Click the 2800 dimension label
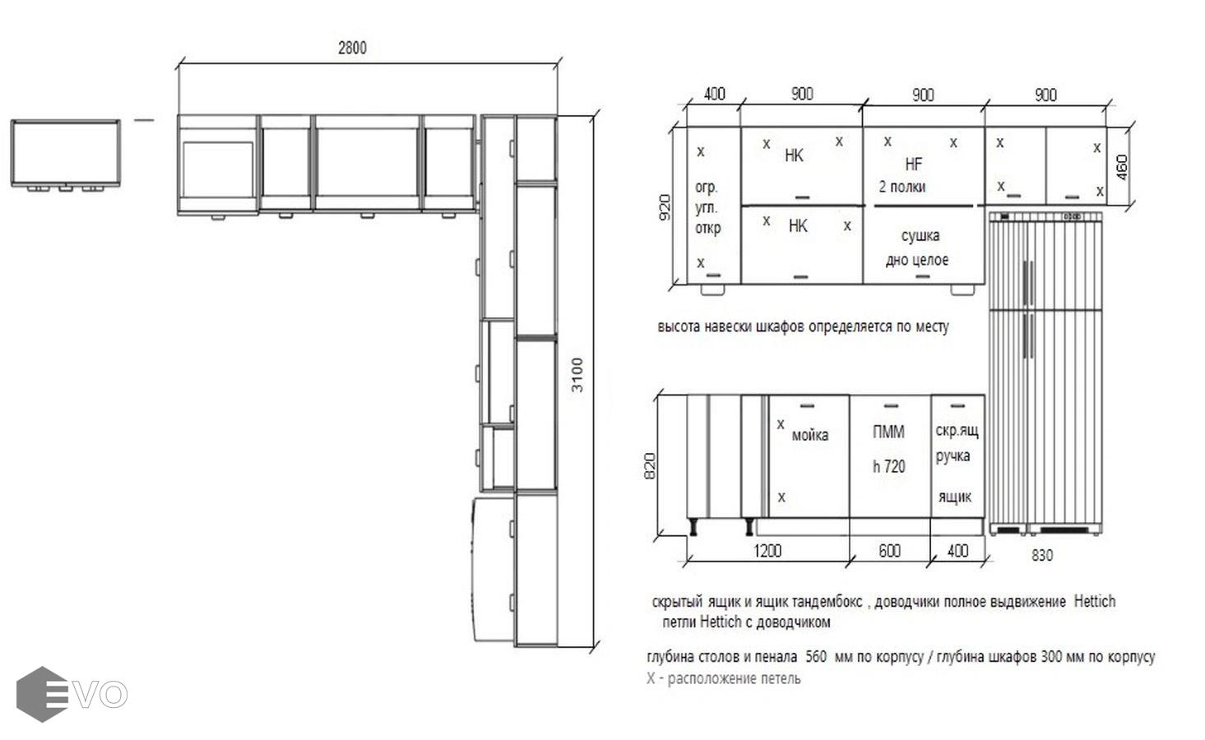point(352,48)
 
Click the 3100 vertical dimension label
point(577,375)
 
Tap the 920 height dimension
point(665,207)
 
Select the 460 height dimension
point(1121,167)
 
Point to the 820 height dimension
point(649,465)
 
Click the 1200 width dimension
point(767,551)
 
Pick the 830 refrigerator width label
point(1042,555)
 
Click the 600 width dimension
point(889,551)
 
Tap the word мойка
point(809,435)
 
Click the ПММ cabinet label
point(888,432)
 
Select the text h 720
point(888,466)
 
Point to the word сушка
point(920,235)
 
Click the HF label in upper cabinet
point(914,164)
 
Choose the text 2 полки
point(902,187)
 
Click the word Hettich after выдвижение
point(1095,601)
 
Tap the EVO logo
point(72,694)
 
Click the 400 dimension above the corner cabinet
point(714,94)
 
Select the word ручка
point(952,456)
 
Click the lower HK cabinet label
point(798,226)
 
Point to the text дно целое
point(917,261)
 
